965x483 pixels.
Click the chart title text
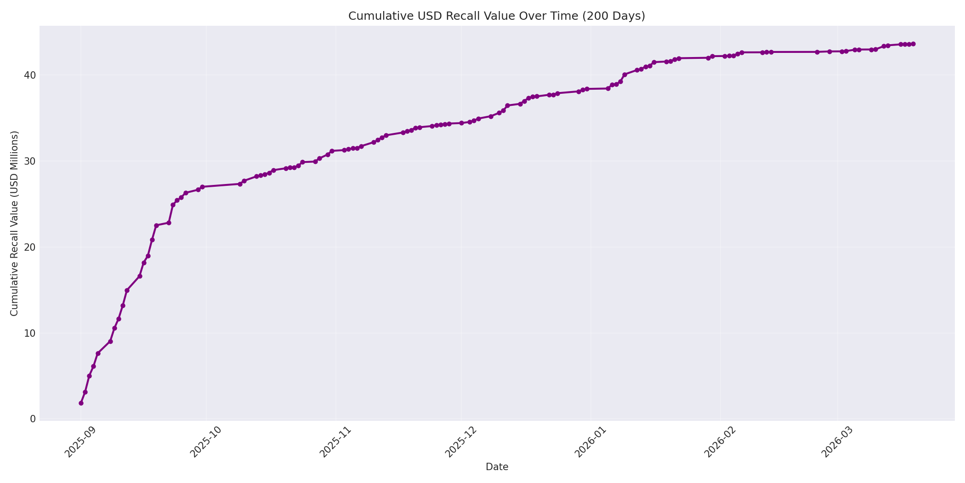click(496, 16)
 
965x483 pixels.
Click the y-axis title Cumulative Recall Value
click(15, 223)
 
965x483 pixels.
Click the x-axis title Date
click(497, 467)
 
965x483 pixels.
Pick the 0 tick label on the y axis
click(33, 419)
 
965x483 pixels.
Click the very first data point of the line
click(81, 403)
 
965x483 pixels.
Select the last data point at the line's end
click(913, 44)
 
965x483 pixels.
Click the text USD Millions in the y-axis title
click(15, 164)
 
